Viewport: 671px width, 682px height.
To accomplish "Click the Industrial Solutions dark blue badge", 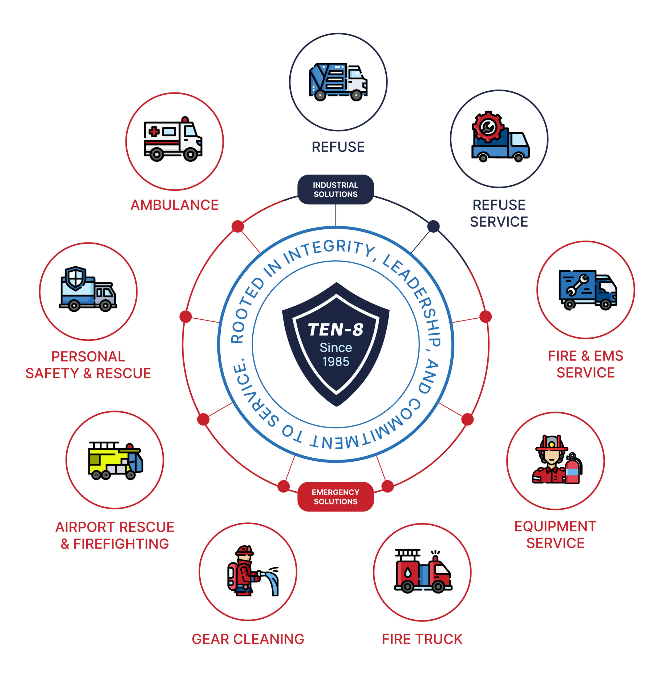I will [335, 189].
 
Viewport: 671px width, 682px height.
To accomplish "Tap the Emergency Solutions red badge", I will [335, 496].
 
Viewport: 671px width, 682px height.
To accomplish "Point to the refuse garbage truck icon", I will [338, 82].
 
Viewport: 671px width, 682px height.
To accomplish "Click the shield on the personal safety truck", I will [75, 278].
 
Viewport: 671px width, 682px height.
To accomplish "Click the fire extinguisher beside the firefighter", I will [572, 469].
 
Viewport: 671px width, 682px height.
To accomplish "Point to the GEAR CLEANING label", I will [248, 639].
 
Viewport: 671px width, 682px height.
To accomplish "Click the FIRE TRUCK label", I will [422, 639].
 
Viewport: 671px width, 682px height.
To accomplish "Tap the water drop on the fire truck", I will [408, 573].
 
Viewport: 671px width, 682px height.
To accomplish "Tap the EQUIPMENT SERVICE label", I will [555, 534].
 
